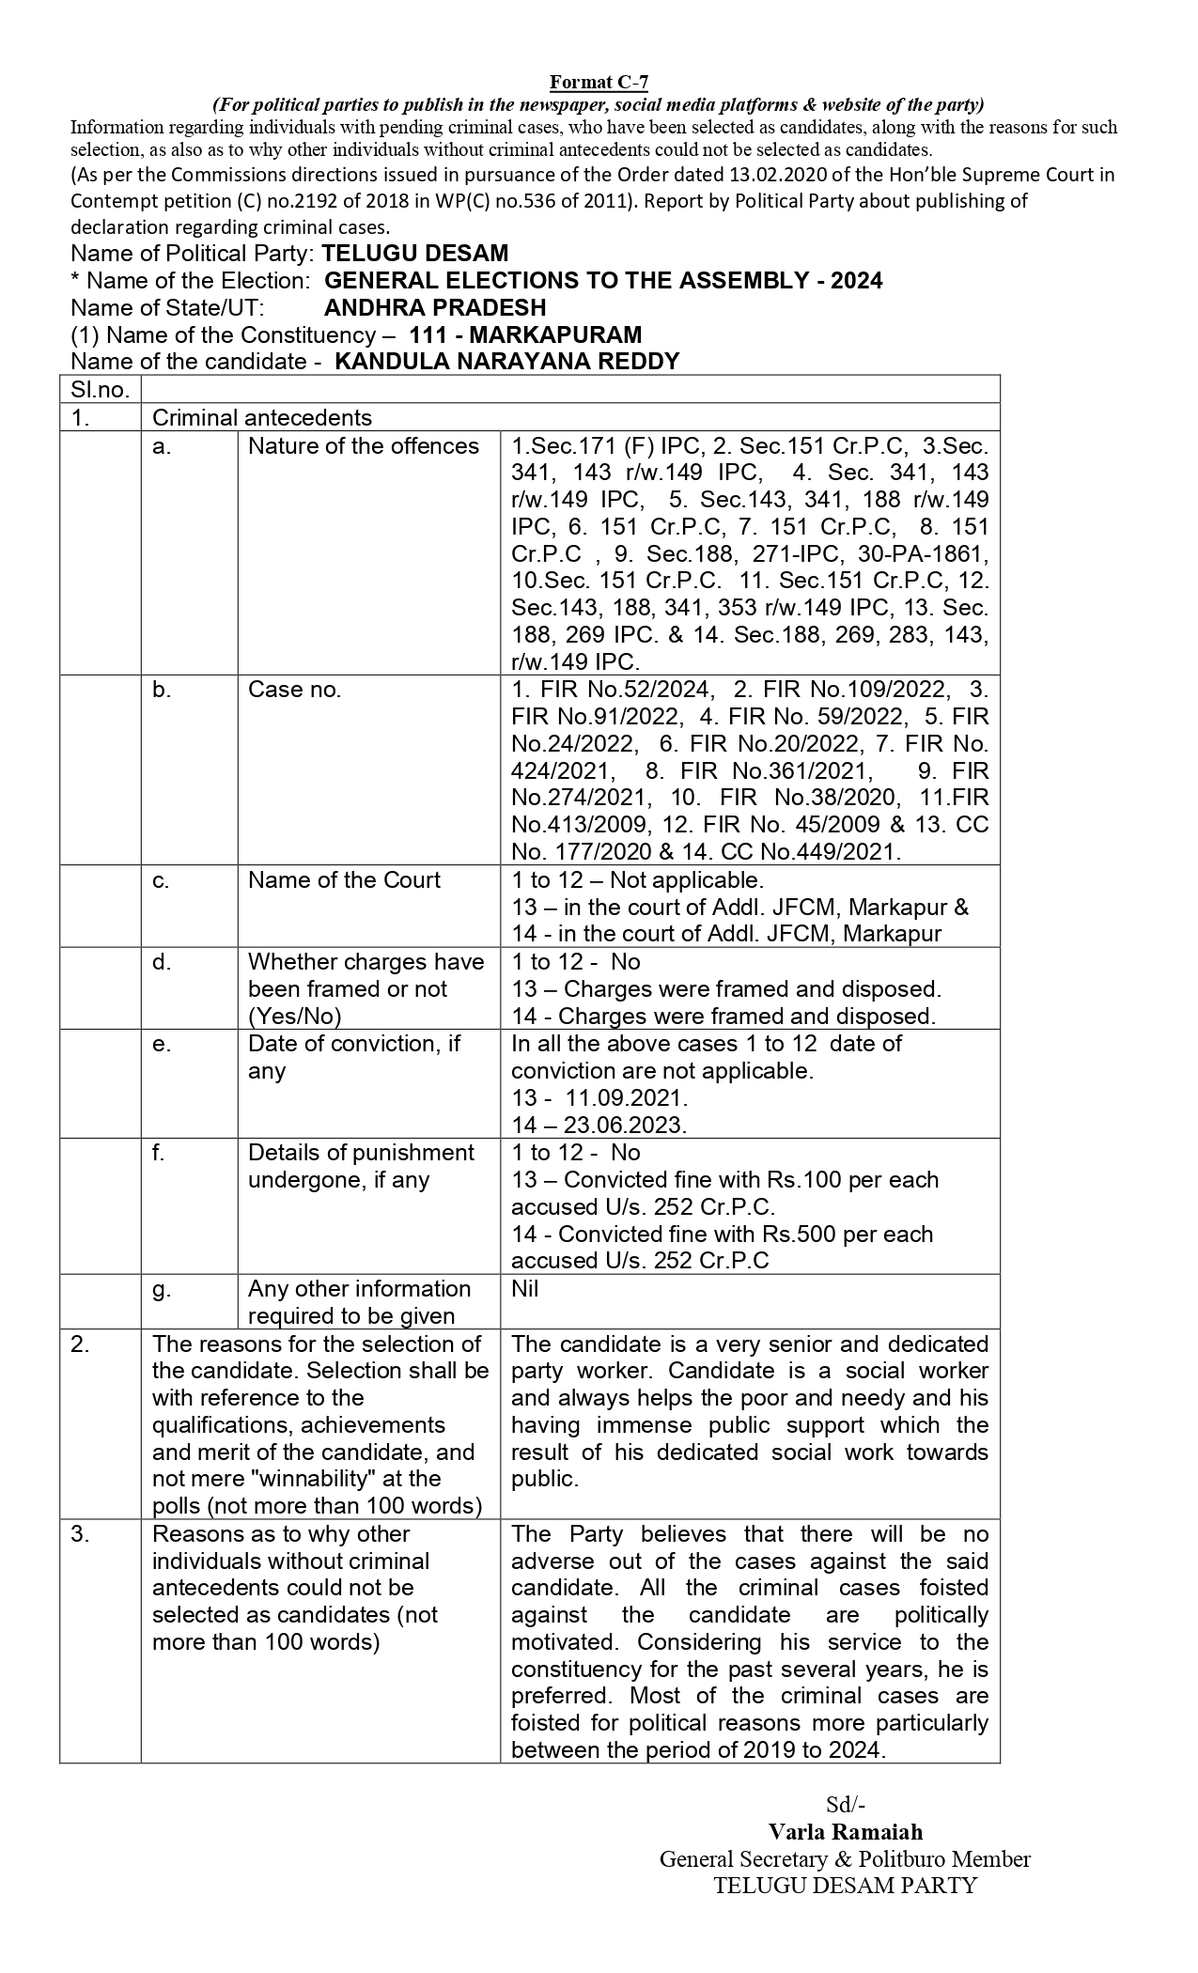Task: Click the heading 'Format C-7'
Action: tap(599, 84)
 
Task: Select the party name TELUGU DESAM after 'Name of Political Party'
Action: tap(414, 253)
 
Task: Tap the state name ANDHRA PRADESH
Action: tap(435, 307)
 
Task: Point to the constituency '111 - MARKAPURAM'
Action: tap(526, 334)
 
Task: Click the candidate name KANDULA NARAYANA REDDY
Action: tap(506, 362)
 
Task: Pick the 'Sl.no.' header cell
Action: tap(100, 390)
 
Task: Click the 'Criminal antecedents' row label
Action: tap(262, 417)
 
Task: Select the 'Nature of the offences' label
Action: tap(364, 445)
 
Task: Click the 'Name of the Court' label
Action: tap(344, 879)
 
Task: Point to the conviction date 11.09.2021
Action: tap(627, 1097)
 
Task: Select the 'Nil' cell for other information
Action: tap(525, 1288)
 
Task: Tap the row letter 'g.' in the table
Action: tap(162, 1288)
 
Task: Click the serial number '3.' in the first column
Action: tap(81, 1533)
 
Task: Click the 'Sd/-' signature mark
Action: tap(845, 1804)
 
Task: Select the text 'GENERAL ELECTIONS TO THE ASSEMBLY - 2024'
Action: tap(603, 280)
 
